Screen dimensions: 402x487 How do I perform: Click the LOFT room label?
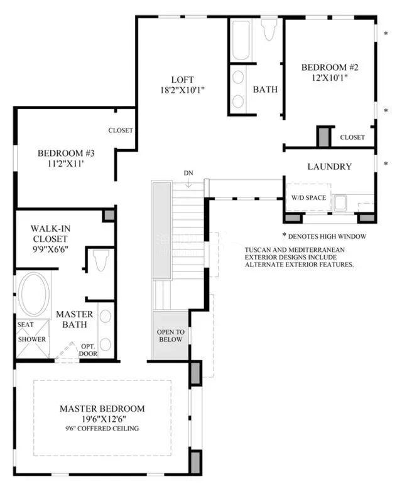tap(182, 80)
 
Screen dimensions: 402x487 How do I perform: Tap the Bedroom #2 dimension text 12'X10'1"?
tap(330, 77)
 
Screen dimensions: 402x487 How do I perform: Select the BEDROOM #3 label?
tap(66, 153)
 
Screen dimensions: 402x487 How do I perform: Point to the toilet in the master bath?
tap(101, 260)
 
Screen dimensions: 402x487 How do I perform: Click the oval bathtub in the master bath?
tap(33, 294)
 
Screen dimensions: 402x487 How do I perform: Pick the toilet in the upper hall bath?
tap(269, 29)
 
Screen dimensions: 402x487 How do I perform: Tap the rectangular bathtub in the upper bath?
tap(241, 40)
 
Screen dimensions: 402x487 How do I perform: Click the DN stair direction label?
tap(188, 173)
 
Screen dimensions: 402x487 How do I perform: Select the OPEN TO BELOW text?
tap(170, 336)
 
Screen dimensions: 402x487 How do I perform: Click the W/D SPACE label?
tap(308, 197)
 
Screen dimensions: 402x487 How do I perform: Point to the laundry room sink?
tap(339, 202)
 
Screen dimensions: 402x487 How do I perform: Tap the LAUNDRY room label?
tap(330, 167)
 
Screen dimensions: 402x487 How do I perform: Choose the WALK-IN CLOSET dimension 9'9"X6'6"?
tap(50, 249)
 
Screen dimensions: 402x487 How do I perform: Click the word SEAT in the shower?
tap(26, 325)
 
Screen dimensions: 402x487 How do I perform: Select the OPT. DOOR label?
tap(88, 350)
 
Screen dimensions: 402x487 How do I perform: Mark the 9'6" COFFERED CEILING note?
tap(102, 429)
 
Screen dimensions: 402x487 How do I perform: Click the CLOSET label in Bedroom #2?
tap(352, 137)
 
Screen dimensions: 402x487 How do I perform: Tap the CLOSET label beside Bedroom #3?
tap(121, 130)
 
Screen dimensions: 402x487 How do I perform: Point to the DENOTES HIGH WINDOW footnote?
tap(324, 236)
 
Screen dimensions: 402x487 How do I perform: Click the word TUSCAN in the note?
tap(257, 249)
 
